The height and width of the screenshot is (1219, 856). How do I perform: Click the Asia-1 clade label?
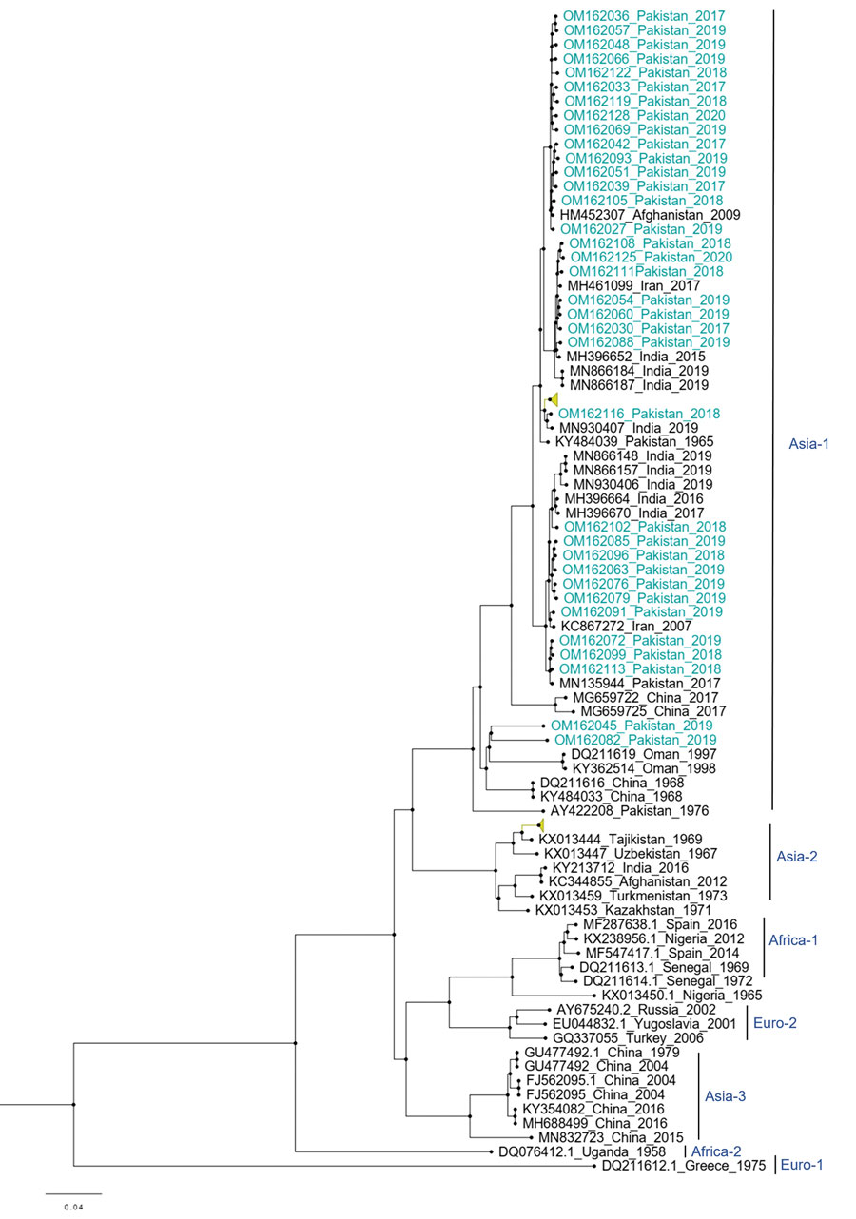click(808, 444)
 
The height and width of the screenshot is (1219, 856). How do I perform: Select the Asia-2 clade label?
click(797, 857)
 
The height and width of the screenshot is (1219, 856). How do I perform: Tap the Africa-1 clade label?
click(793, 940)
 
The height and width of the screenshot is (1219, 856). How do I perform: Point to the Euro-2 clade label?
click(774, 1023)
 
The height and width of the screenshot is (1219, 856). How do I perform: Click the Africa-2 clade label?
click(715, 1151)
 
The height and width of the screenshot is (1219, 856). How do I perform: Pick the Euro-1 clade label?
click(802, 1165)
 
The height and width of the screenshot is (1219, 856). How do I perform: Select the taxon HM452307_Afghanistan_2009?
click(650, 215)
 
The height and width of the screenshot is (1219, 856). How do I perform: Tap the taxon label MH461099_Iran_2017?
click(633, 285)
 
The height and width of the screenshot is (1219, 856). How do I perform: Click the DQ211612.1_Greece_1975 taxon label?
click(684, 1166)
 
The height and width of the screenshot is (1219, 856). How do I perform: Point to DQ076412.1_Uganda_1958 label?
click(582, 1152)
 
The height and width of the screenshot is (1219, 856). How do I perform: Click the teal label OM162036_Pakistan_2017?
click(644, 16)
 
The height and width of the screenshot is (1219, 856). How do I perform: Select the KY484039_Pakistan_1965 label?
click(634, 442)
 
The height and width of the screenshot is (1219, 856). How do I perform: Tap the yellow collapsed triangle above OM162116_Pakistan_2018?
click(554, 399)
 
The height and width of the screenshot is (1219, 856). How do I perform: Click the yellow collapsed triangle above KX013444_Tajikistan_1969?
click(541, 825)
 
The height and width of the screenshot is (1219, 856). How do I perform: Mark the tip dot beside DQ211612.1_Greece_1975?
click(594, 1166)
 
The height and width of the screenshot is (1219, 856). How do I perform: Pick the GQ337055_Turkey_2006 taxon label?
click(628, 1037)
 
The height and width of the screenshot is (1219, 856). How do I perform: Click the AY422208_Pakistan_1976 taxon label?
click(629, 811)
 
